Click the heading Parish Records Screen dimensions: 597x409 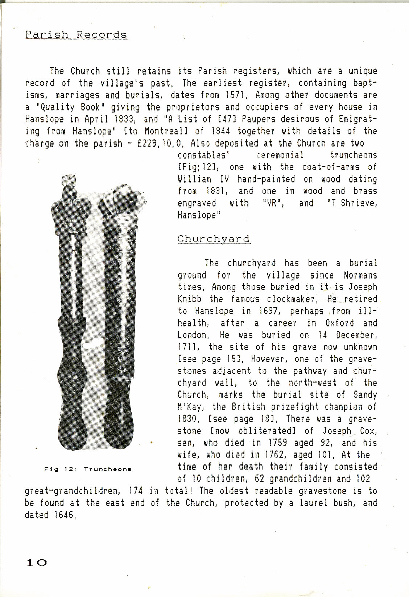click(x=76, y=35)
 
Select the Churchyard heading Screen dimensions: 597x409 click(x=214, y=239)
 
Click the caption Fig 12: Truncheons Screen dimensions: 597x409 click(x=88, y=469)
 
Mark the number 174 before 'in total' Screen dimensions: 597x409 click(x=136, y=491)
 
